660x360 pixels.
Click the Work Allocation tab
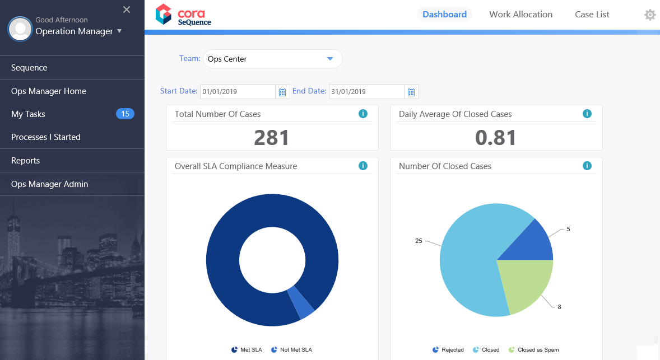(x=520, y=15)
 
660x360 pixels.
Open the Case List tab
(x=592, y=15)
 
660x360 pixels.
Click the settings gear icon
(x=650, y=15)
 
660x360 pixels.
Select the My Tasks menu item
(x=28, y=114)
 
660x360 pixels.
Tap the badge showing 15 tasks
(x=125, y=114)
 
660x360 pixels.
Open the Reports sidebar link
(x=26, y=161)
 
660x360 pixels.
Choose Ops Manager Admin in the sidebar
(x=49, y=184)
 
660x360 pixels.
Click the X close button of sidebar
(x=127, y=10)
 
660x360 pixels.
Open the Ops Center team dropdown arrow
(x=330, y=59)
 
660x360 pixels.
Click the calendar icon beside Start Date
(x=282, y=92)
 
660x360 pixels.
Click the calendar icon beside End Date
(x=411, y=92)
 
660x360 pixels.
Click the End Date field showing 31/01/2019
(x=366, y=92)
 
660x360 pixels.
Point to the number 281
(x=272, y=137)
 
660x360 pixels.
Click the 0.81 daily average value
(x=496, y=137)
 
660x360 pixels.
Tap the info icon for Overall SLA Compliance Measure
(x=362, y=166)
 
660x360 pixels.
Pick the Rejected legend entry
(x=448, y=350)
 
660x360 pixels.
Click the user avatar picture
(x=20, y=28)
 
